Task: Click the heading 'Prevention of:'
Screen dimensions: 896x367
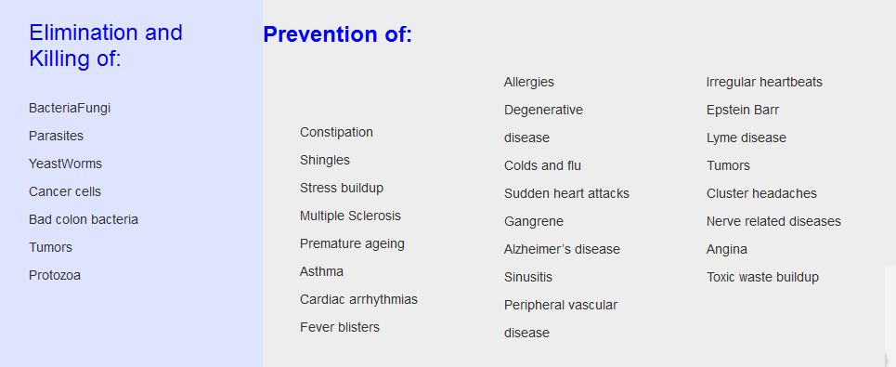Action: coord(337,34)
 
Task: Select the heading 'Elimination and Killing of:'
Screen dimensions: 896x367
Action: coord(106,46)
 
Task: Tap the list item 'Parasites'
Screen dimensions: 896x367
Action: coord(56,136)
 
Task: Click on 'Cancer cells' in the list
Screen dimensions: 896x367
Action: coord(65,191)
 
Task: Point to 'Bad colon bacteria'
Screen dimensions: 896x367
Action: coord(84,219)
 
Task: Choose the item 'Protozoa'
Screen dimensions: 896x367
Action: coord(55,275)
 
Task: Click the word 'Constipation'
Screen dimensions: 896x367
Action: coord(336,133)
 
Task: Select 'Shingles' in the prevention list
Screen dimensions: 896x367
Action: coord(325,161)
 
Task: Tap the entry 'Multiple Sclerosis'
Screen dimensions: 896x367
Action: coord(350,216)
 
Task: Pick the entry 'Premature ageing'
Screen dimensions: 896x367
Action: coord(352,244)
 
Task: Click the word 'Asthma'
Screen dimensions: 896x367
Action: coord(321,271)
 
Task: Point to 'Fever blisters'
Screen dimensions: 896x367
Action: coord(340,327)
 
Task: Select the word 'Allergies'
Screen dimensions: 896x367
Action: coord(528,83)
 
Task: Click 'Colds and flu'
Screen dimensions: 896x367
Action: coord(542,165)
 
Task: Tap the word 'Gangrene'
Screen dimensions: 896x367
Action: coord(533,222)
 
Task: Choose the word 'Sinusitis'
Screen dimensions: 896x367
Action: coord(528,277)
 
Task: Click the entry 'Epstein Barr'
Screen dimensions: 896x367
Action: coord(742,110)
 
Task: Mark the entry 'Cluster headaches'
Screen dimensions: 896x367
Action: coord(761,193)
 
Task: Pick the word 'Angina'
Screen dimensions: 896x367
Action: coord(726,250)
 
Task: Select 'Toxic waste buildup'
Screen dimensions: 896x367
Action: coord(762,277)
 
